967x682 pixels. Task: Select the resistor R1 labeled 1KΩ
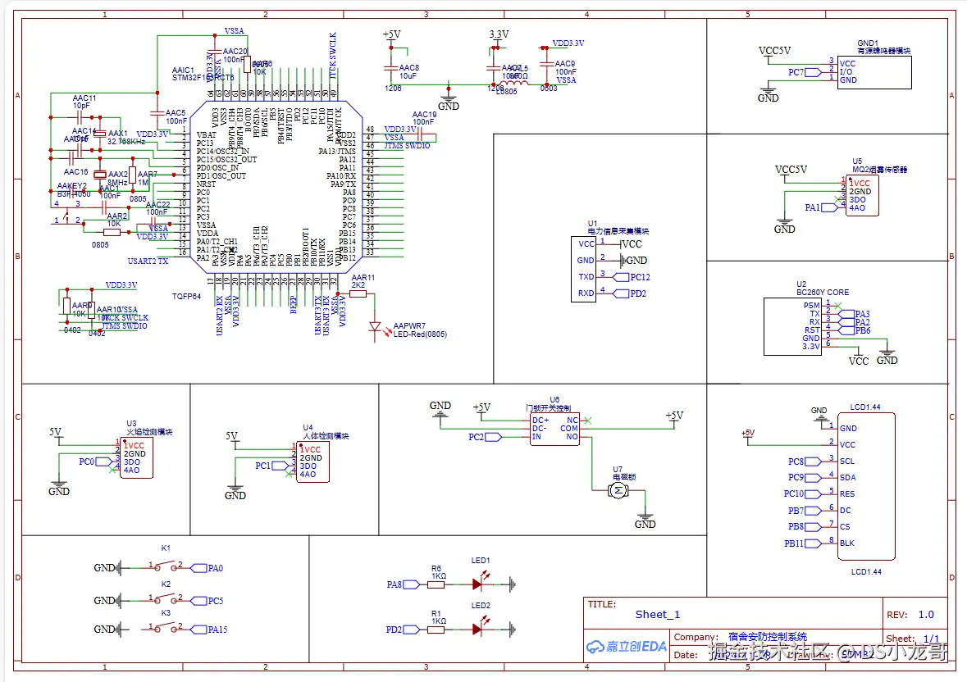pos(436,630)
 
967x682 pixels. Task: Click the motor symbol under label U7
pos(617,490)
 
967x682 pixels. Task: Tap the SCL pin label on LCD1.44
pos(846,461)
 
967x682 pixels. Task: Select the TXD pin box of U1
pos(586,277)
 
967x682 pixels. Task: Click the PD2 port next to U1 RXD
pos(632,293)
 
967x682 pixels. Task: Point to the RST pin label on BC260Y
pos(812,330)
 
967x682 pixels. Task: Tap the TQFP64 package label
pos(186,296)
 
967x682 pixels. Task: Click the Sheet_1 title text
pos(657,615)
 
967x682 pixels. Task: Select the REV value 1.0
pos(926,615)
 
